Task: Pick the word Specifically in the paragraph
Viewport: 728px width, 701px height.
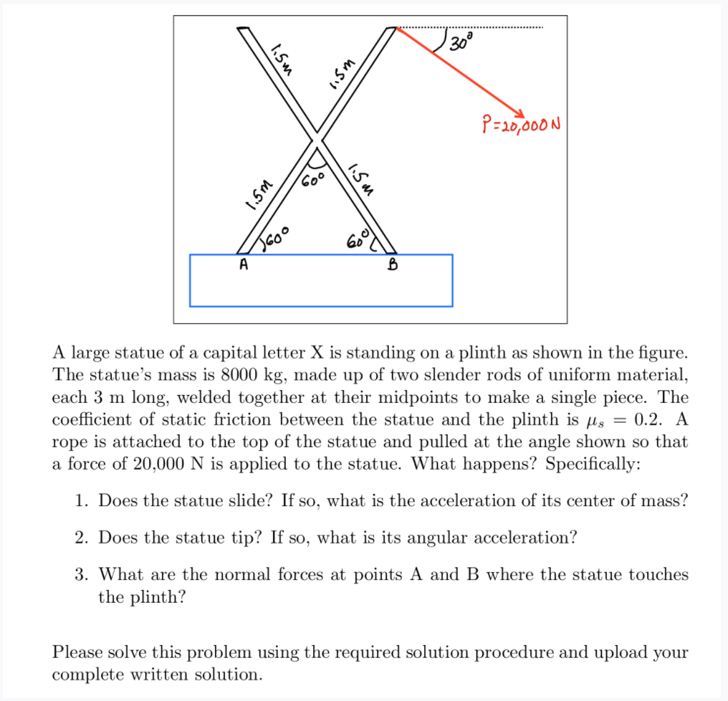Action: tap(593, 463)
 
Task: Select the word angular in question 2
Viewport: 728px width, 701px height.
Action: tap(436, 537)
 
